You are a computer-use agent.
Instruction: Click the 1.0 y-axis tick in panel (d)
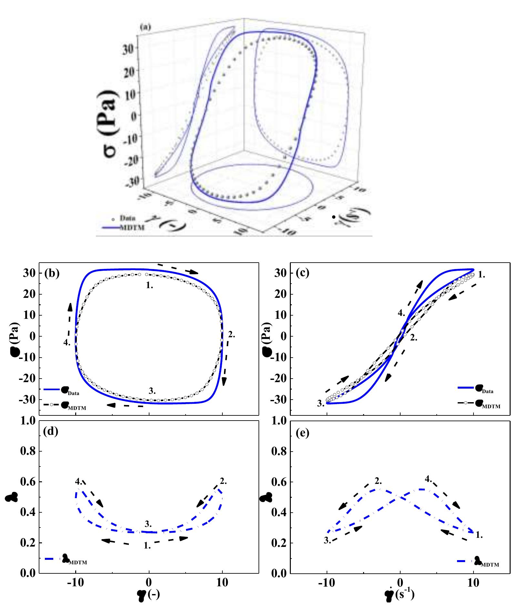[x=28, y=421]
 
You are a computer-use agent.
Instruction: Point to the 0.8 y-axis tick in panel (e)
[x=280, y=452]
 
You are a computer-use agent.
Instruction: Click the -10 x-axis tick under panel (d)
[x=76, y=583]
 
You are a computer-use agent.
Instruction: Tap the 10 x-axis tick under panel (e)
[x=473, y=583]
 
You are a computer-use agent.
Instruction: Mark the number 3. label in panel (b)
[x=152, y=391]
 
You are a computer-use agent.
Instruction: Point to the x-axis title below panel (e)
[x=400, y=596]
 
